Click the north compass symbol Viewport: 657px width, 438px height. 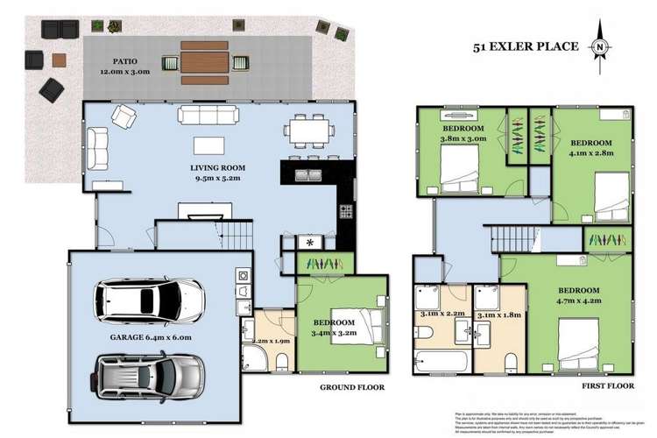(599, 46)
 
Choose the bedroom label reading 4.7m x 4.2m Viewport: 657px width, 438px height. (575, 295)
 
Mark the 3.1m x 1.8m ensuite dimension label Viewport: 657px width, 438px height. (498, 314)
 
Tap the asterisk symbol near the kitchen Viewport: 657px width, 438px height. (310, 242)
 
